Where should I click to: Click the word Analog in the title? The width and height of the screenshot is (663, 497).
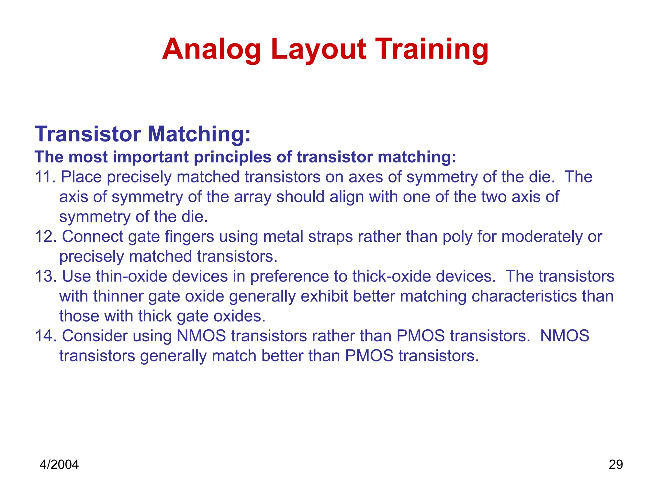pos(211,49)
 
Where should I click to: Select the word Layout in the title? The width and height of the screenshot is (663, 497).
pos(319,49)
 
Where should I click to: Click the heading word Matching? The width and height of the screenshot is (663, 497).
pos(199,134)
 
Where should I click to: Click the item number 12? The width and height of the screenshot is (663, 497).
pos(45,237)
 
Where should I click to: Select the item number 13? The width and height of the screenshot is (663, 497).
pos(45,276)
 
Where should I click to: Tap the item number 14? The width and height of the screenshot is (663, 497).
pos(45,336)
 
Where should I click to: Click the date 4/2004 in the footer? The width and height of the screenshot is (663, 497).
pos(59,465)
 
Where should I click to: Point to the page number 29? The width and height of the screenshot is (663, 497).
pos(615,465)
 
